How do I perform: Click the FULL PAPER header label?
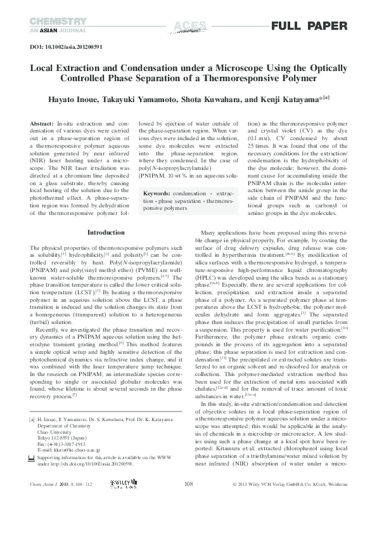point(309,26)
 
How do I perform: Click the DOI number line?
point(67,46)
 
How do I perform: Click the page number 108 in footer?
point(188,501)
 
